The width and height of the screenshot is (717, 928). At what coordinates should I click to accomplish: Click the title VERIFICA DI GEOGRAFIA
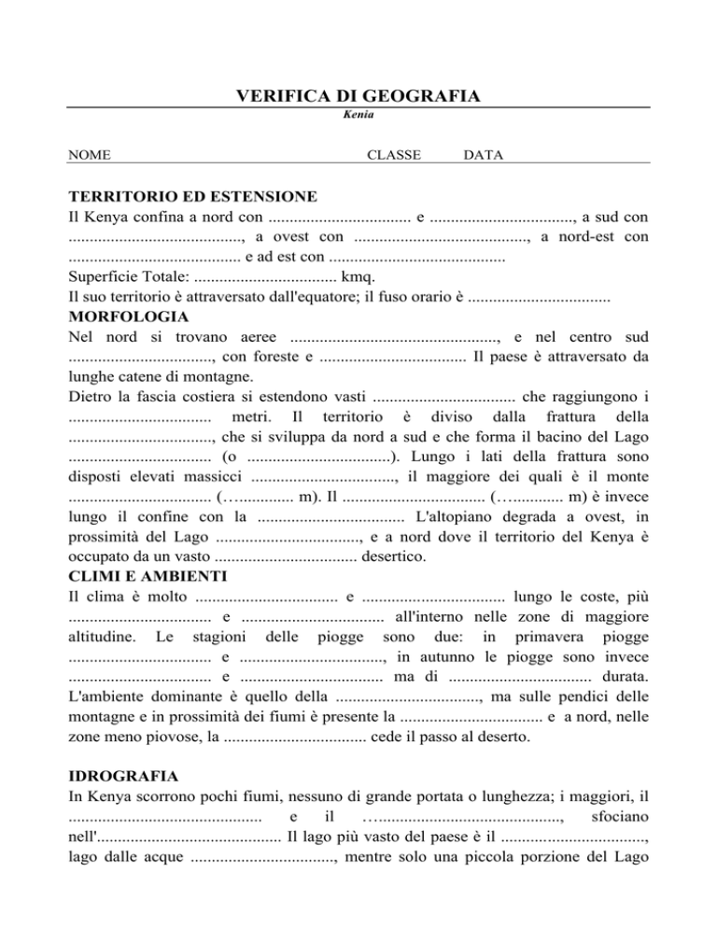358,96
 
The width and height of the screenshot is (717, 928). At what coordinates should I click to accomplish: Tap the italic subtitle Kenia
358,115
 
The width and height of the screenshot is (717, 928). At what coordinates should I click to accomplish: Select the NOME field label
91,154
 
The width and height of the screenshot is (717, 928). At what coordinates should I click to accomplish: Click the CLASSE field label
394,154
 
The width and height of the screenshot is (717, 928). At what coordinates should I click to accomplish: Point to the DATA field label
484,154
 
